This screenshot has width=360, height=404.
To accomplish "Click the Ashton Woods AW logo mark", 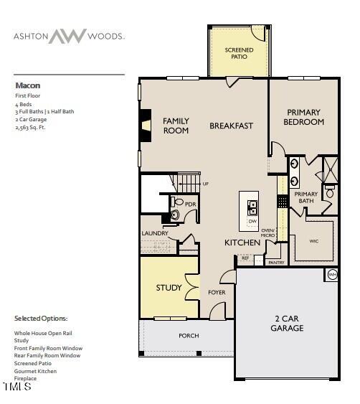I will point(67,36).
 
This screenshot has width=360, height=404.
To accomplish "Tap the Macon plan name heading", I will point(27,85).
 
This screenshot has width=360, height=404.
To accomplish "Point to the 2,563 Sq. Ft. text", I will point(31,127).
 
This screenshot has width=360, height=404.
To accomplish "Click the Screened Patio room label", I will point(239,54).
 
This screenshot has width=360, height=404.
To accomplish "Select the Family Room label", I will point(176,126).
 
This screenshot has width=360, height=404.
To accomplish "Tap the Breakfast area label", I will point(231,126).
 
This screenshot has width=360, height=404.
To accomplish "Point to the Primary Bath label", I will point(305,197).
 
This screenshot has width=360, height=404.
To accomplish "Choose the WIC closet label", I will point(314,242).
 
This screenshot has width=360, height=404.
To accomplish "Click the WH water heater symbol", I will point(332,275).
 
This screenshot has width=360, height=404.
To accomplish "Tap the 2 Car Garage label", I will point(287,323).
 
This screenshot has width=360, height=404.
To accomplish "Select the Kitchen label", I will point(242,243).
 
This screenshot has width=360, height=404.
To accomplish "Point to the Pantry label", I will point(276,263).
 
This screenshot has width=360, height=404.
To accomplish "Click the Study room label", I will point(169,288).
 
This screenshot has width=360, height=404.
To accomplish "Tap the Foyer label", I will point(217,292).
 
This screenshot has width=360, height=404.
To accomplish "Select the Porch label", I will point(189,335).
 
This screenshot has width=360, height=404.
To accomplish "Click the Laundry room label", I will point(155,233).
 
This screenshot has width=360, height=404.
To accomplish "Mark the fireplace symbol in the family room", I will point(146,126).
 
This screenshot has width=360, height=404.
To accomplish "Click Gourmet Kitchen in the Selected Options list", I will point(37,371).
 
